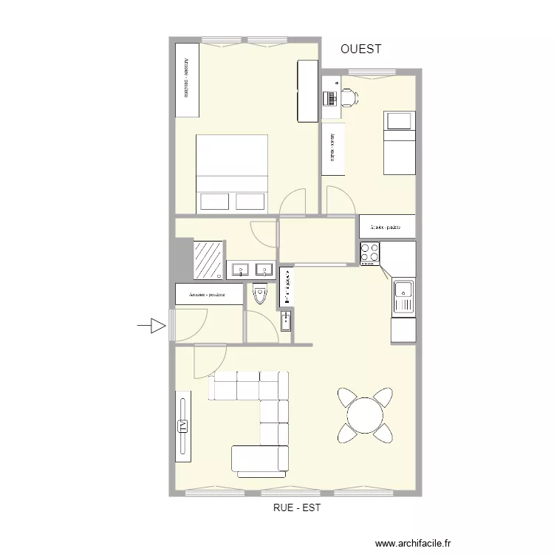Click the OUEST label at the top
(361, 49)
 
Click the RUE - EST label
(296, 508)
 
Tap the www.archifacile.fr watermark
(413, 543)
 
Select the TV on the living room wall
(182, 425)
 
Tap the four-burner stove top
(369, 253)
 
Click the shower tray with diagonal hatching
(208, 259)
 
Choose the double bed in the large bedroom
(231, 173)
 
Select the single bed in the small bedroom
(399, 143)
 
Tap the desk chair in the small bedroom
(347, 96)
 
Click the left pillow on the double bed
(215, 201)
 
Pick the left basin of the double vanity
(240, 270)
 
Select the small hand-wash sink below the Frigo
(286, 321)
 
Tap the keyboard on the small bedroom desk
(329, 97)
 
